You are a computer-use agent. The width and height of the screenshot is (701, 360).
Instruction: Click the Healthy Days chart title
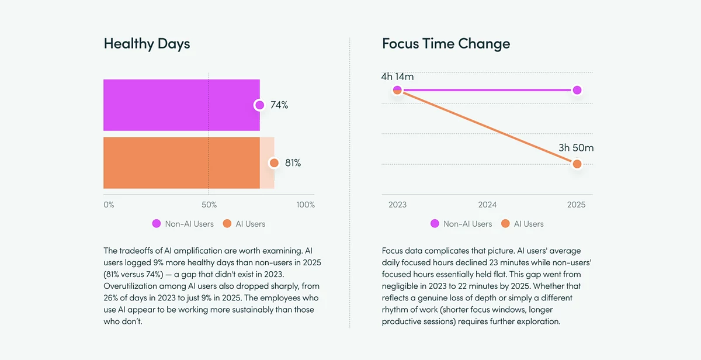point(147,44)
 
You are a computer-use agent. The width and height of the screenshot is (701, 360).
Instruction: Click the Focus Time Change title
point(446,44)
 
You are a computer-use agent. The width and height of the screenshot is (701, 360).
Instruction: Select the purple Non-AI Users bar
point(181,105)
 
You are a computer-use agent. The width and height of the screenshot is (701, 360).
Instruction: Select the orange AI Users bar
point(181,163)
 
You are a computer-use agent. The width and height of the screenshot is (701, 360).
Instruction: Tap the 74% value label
point(279,105)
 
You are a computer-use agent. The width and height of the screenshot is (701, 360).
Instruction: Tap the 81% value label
point(293,163)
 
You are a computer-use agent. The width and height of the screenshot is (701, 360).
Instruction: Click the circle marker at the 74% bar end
point(259,105)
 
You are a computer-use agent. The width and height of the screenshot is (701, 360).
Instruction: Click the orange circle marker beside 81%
point(273,163)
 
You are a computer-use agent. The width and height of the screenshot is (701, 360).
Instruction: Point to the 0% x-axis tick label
point(109,205)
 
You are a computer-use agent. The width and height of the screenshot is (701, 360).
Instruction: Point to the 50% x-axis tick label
point(209,205)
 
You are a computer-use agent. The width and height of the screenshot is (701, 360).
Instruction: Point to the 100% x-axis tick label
point(306,205)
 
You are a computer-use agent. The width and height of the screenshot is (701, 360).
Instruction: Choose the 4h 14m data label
point(397,77)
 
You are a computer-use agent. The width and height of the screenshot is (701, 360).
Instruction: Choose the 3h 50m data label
point(575,148)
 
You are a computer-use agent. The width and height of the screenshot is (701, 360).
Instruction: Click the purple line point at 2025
point(577,90)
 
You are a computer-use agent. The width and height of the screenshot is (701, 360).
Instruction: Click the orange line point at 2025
point(577,164)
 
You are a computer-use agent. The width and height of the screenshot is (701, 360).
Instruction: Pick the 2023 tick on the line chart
point(397,205)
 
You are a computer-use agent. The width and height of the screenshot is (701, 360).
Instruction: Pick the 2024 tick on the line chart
point(487,205)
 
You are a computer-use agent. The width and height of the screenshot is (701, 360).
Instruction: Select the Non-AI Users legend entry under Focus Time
point(461,224)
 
